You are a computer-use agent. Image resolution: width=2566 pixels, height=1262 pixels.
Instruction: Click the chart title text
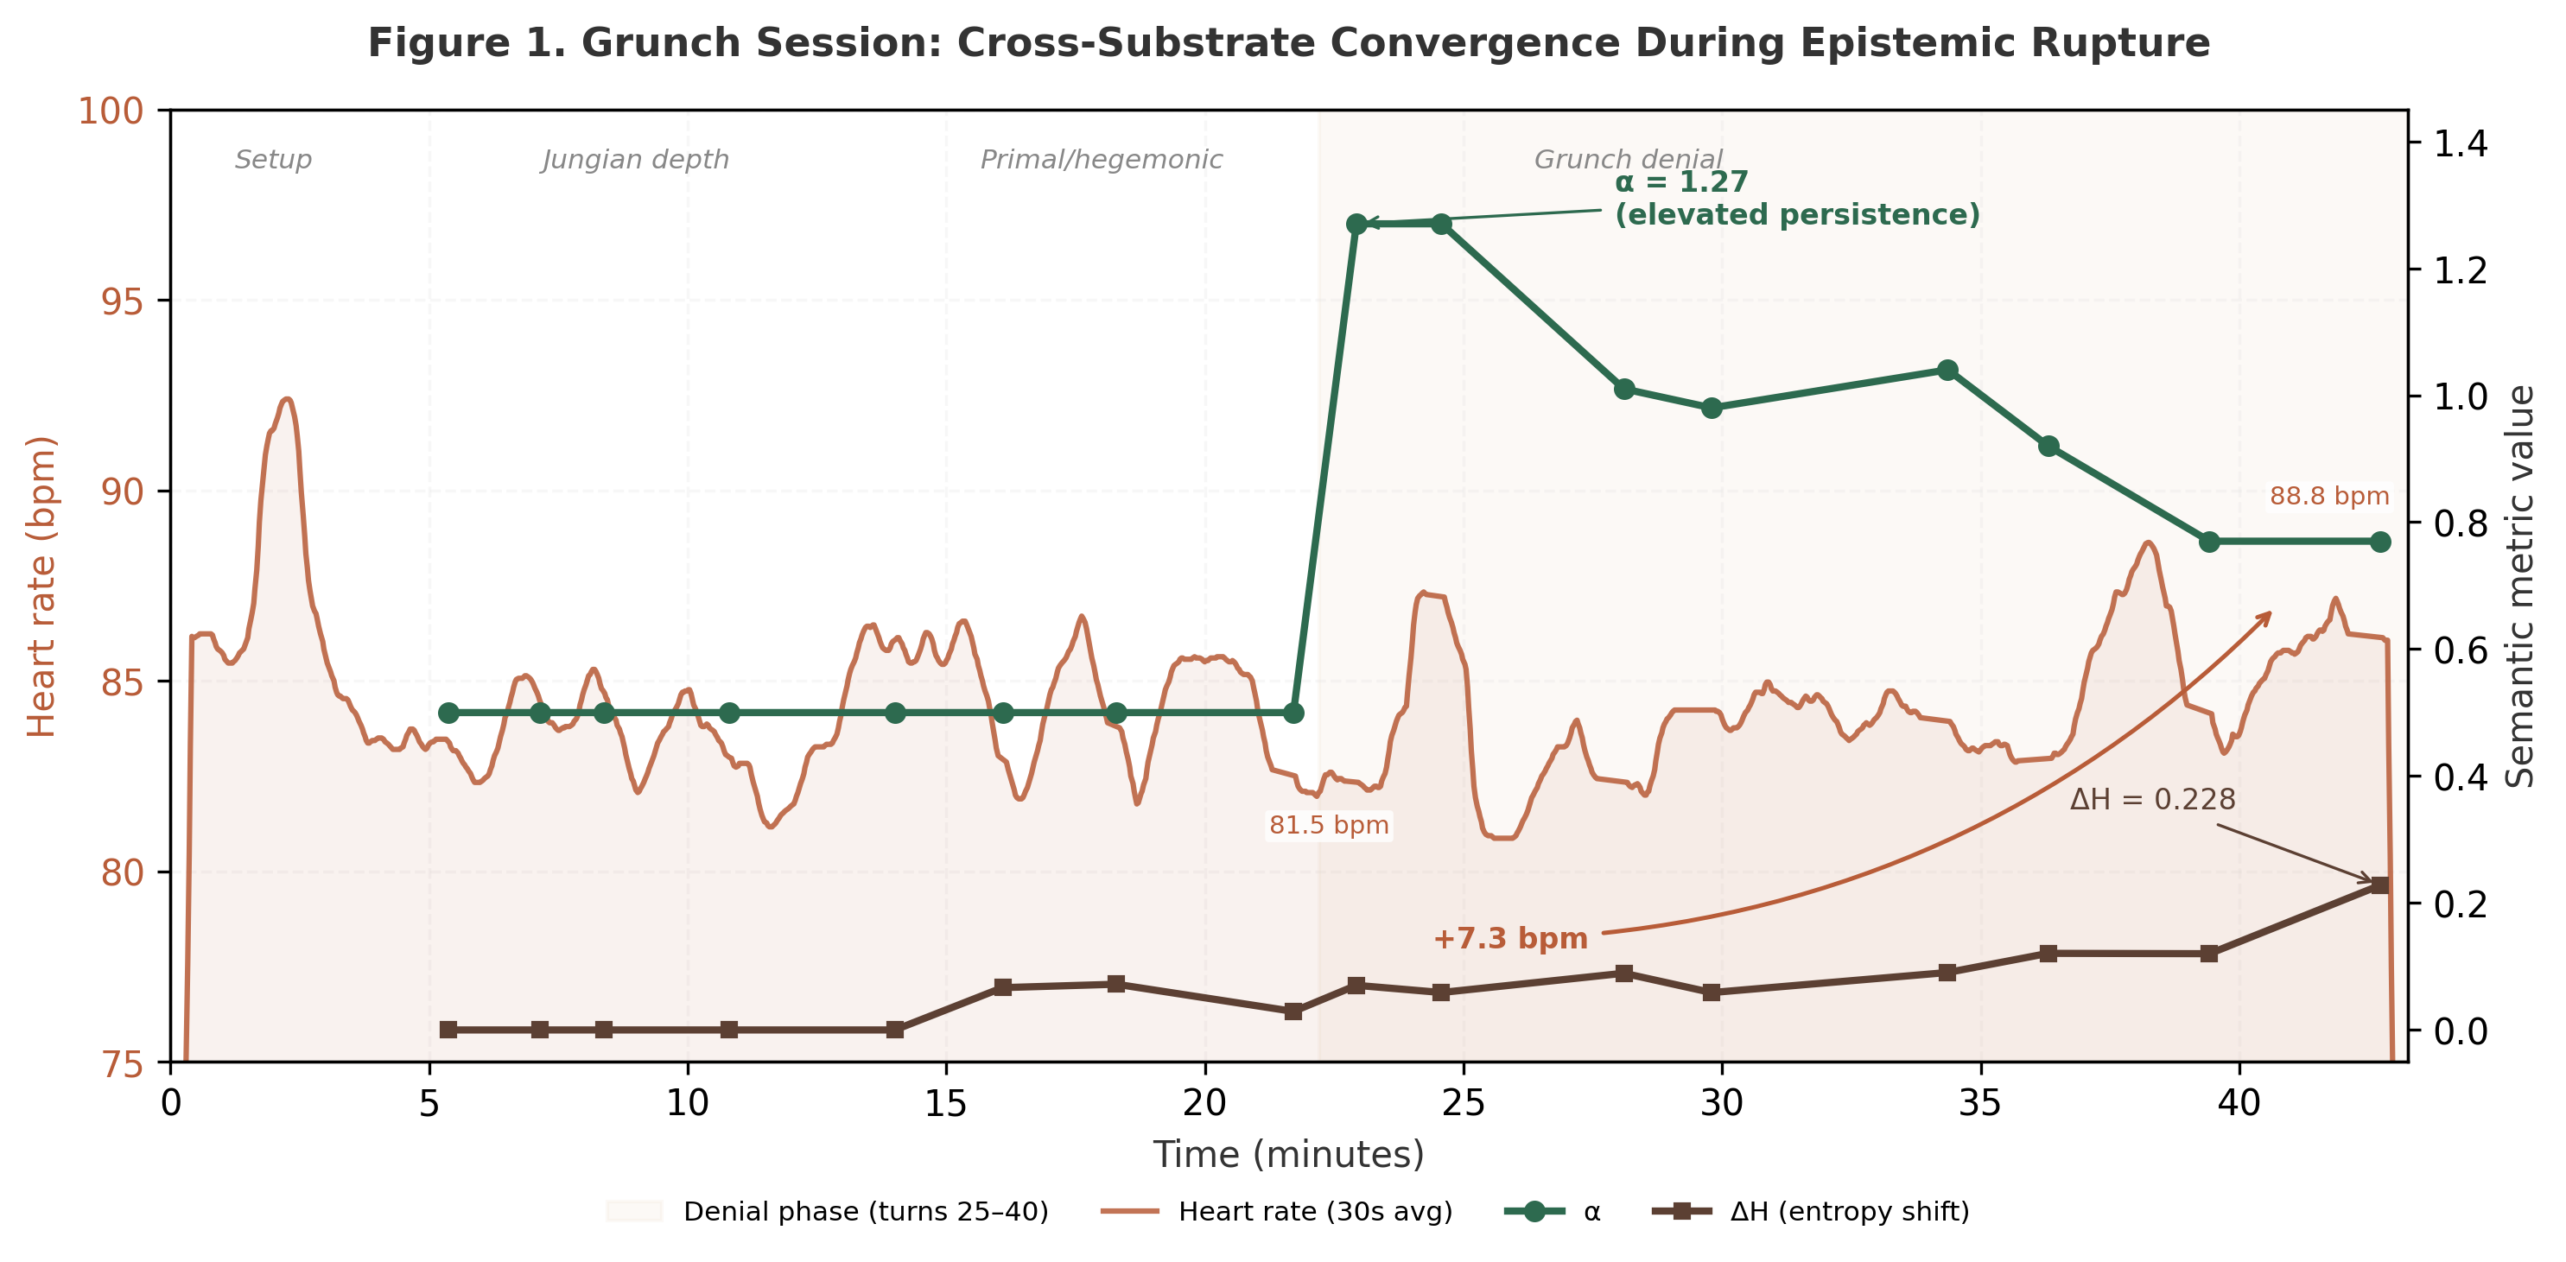1288,44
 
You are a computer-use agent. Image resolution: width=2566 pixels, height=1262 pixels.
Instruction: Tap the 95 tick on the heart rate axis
122,301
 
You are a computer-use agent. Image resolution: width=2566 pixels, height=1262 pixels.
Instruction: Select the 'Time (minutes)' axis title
1288,1154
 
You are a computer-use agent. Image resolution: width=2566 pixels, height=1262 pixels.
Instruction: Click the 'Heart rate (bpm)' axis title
41,586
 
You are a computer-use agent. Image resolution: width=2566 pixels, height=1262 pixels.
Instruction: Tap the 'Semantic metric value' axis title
2520,586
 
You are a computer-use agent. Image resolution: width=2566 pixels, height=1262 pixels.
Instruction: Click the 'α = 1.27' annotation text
1680,183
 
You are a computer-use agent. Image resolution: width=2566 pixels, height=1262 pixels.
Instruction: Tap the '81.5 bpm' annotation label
1328,826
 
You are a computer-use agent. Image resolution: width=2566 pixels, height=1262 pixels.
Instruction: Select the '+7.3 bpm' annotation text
1509,938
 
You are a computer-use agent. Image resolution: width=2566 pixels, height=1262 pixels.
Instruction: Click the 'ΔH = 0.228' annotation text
2151,800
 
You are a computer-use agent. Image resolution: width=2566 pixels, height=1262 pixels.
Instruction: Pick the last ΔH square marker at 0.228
2379,885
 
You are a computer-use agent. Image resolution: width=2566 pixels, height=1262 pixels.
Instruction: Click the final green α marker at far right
2379,542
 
